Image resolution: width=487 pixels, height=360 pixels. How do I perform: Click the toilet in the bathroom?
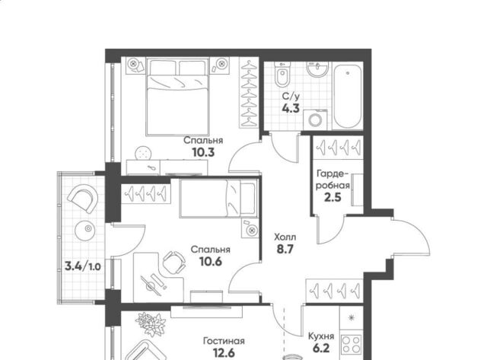tap(282, 75)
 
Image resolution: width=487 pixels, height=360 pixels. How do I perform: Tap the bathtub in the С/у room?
tap(348, 96)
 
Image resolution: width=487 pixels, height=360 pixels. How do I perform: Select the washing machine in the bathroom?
tap(315, 120)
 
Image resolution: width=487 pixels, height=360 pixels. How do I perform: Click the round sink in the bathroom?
tap(317, 68)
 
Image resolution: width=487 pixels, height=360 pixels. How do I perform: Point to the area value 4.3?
tap(291, 108)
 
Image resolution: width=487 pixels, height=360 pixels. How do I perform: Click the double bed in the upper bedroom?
tap(177, 97)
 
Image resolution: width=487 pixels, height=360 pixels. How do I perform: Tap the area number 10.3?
tap(203, 152)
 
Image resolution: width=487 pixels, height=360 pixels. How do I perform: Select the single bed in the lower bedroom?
tap(218, 199)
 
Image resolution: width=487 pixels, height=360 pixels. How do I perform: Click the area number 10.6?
tap(211, 262)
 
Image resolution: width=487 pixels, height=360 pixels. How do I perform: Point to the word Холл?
tap(285, 237)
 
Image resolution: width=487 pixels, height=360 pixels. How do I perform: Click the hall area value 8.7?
tap(285, 249)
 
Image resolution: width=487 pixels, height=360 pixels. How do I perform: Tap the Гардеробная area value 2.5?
tap(333, 197)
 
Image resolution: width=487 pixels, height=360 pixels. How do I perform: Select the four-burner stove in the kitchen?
tap(352, 345)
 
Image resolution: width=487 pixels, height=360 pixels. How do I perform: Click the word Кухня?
tap(321, 336)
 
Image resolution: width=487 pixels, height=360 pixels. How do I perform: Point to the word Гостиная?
tap(224, 341)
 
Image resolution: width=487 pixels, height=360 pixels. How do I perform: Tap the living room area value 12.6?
tap(224, 353)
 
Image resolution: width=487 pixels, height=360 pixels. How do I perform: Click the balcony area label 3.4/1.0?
tap(83, 266)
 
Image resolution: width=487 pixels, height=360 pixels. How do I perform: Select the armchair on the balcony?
tap(83, 198)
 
